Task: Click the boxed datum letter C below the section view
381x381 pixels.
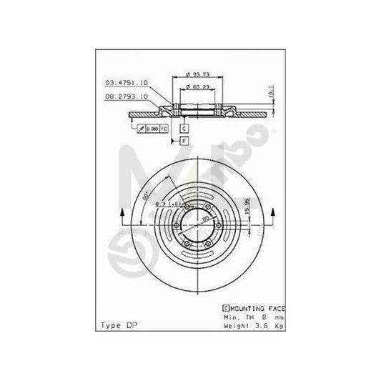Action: [x=184, y=127]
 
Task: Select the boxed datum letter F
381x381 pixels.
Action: [x=184, y=141]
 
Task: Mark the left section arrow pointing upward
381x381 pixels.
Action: [x=124, y=217]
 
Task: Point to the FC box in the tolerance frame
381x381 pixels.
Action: [x=163, y=128]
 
